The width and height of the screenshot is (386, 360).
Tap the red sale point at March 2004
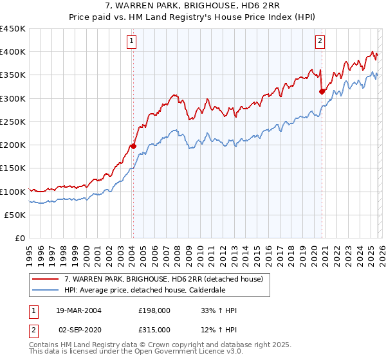[x=133, y=146]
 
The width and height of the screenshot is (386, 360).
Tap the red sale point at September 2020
[x=322, y=91]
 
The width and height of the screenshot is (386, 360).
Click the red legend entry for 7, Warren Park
[x=163, y=279]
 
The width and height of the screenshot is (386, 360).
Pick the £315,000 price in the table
[x=154, y=329]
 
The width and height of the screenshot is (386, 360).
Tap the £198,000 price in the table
[x=154, y=310]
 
